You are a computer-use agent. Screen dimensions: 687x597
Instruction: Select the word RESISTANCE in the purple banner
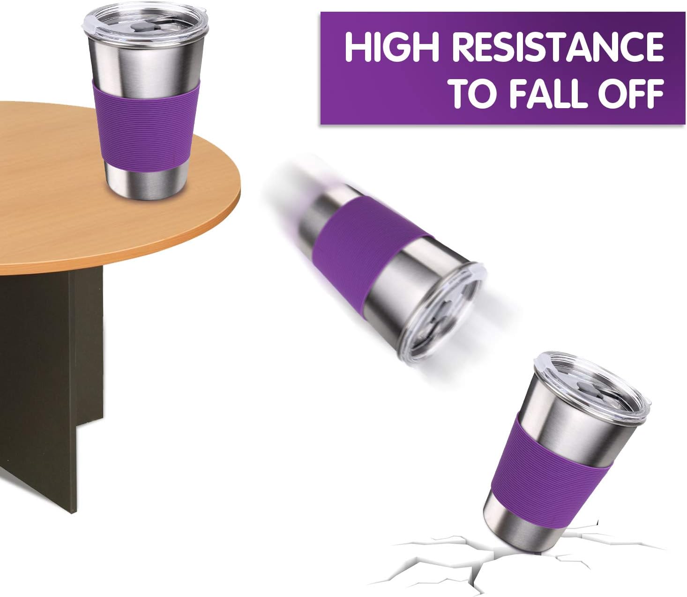(x=557, y=47)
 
